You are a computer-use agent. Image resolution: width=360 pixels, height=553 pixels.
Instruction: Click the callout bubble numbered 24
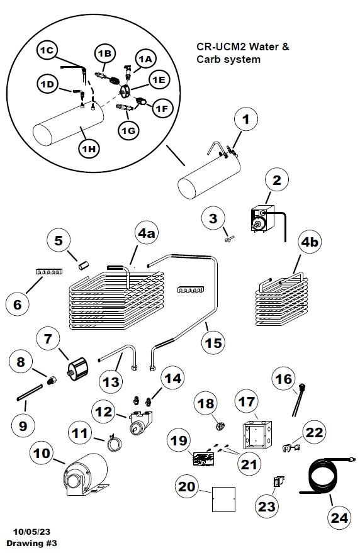339,517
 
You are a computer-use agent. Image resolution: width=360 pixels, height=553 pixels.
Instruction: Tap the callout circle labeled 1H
89,149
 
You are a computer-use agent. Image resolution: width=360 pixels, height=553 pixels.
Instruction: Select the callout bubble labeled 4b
310,242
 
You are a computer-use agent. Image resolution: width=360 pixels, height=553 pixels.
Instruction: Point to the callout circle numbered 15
213,342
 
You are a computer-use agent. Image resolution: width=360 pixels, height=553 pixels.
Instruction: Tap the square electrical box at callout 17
257,434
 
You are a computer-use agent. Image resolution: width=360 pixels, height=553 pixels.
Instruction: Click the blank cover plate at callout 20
223,500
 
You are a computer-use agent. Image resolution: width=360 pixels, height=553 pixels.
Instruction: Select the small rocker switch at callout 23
279,481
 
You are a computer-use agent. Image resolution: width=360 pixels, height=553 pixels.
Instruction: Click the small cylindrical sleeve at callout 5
84,266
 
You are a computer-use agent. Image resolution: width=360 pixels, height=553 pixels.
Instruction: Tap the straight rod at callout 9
30,393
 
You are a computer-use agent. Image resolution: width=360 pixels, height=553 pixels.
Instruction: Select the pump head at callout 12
140,423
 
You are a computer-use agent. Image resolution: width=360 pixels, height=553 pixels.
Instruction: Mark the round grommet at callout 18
220,426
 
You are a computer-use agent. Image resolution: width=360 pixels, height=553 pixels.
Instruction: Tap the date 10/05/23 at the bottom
31,532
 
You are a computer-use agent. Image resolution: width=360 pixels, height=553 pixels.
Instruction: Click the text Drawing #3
31,543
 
